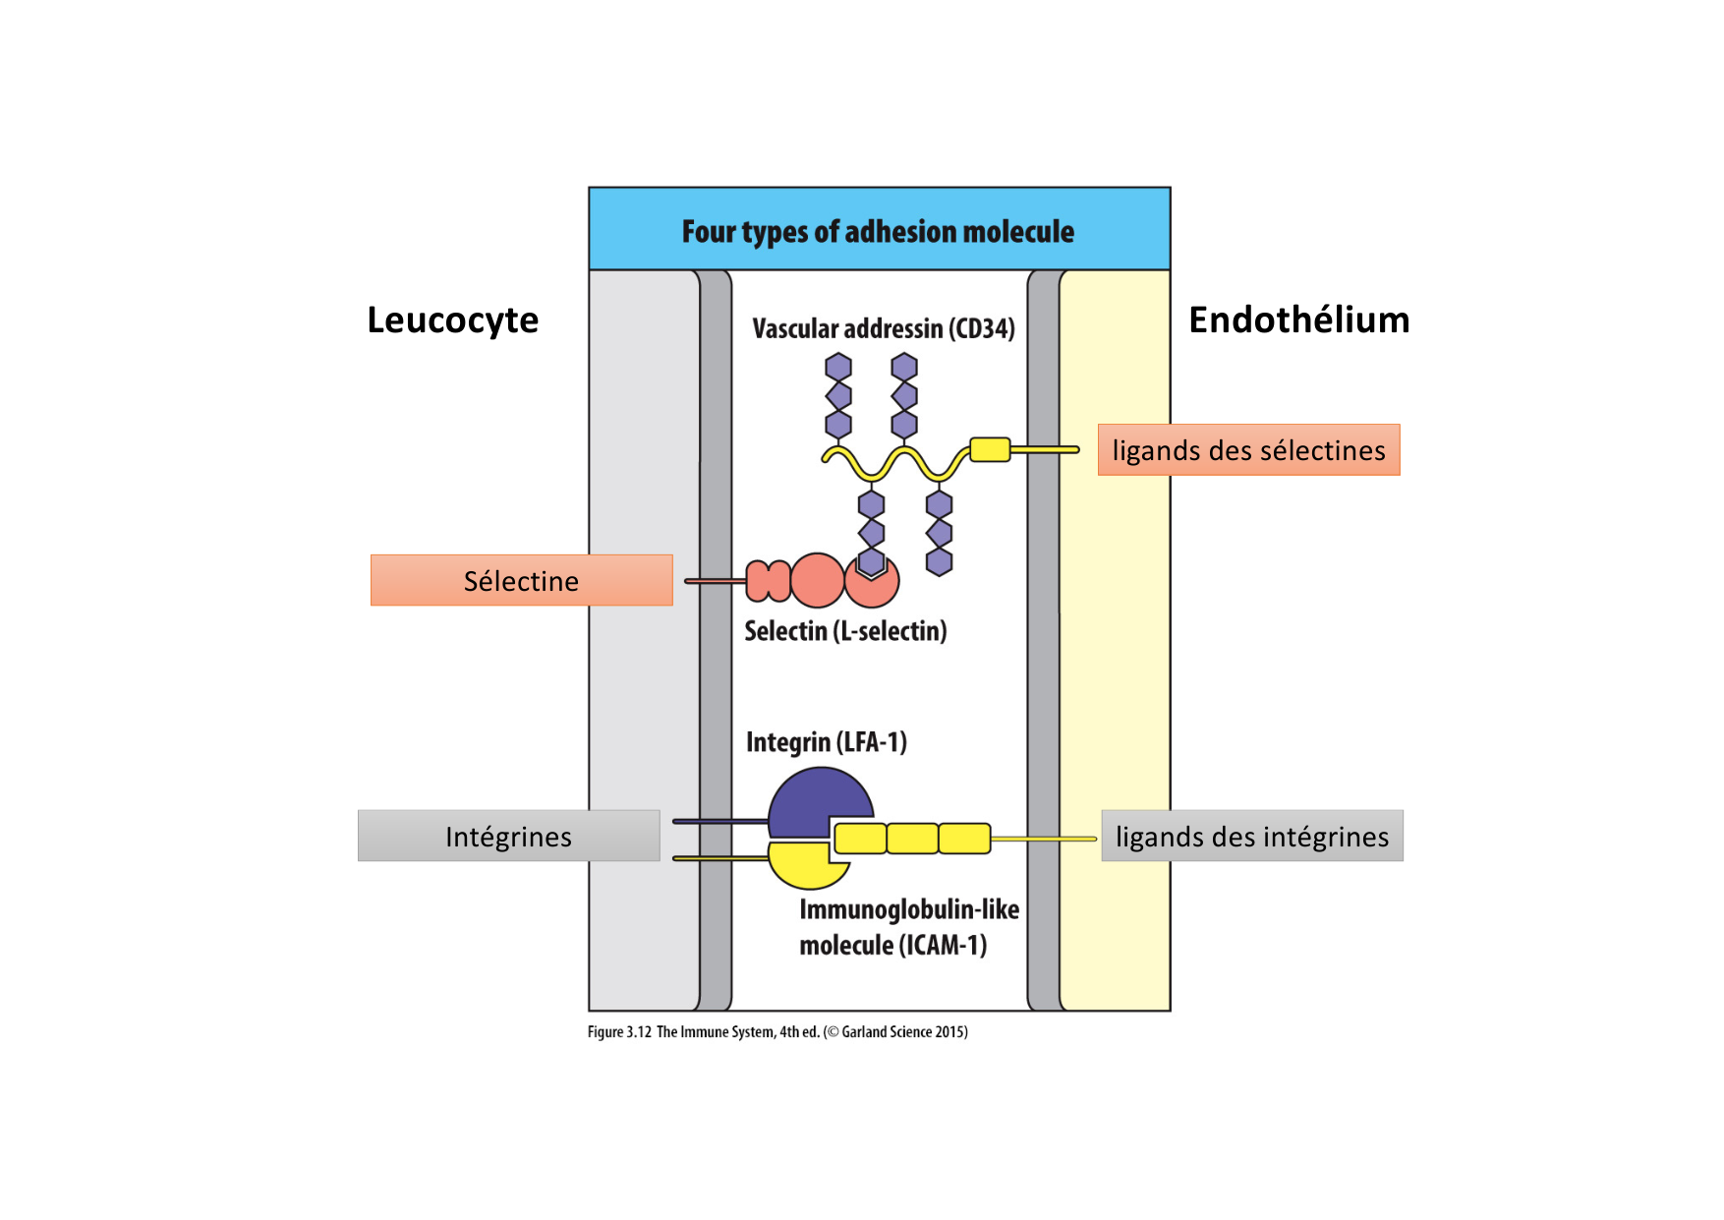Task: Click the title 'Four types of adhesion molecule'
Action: coord(878,232)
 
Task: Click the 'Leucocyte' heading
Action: coord(452,320)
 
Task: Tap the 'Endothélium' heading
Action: coord(1298,320)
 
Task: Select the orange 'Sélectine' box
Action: coord(521,581)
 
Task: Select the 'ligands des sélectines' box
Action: coord(1248,450)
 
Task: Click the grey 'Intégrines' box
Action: coord(508,837)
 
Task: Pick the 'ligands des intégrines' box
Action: coord(1251,837)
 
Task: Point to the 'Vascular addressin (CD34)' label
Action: coord(883,328)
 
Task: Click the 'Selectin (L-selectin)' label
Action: coord(845,631)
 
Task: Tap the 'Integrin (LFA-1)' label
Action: coord(826,742)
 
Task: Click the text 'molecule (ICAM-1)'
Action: coord(892,946)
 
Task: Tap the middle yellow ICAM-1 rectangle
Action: coord(912,839)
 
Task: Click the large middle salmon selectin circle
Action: coord(817,580)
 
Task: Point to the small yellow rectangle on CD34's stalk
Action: coord(990,449)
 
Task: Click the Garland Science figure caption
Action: coord(777,1032)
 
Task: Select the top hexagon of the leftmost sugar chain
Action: coord(838,368)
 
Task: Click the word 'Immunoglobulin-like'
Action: coord(908,909)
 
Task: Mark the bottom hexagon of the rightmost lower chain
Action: coord(940,562)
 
